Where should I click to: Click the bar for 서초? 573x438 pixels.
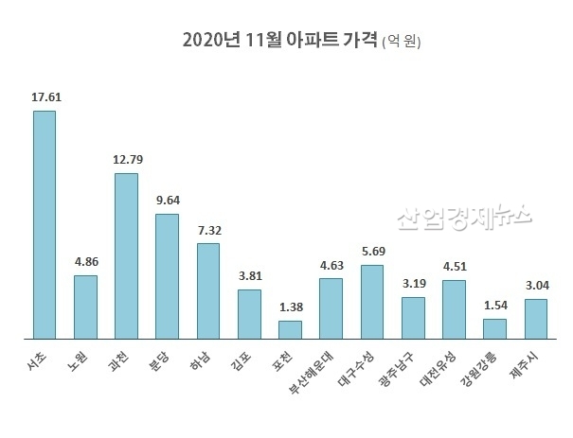pos(45,225)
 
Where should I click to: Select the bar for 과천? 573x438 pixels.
pos(126,256)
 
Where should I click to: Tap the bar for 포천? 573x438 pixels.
pos(290,329)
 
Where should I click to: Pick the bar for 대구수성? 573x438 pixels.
pos(372,302)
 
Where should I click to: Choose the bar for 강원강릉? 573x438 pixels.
pos(494,328)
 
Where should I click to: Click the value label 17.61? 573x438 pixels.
pos(45,96)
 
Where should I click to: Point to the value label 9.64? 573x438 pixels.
pos(167,201)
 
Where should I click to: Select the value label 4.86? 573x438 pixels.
pos(85,262)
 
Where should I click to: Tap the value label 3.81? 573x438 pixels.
pos(249,276)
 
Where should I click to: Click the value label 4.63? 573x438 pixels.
pos(331,265)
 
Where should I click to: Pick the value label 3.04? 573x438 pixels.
pos(535,286)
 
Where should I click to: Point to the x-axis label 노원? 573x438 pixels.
pos(85,359)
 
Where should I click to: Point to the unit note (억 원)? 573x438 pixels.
pos(402,43)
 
